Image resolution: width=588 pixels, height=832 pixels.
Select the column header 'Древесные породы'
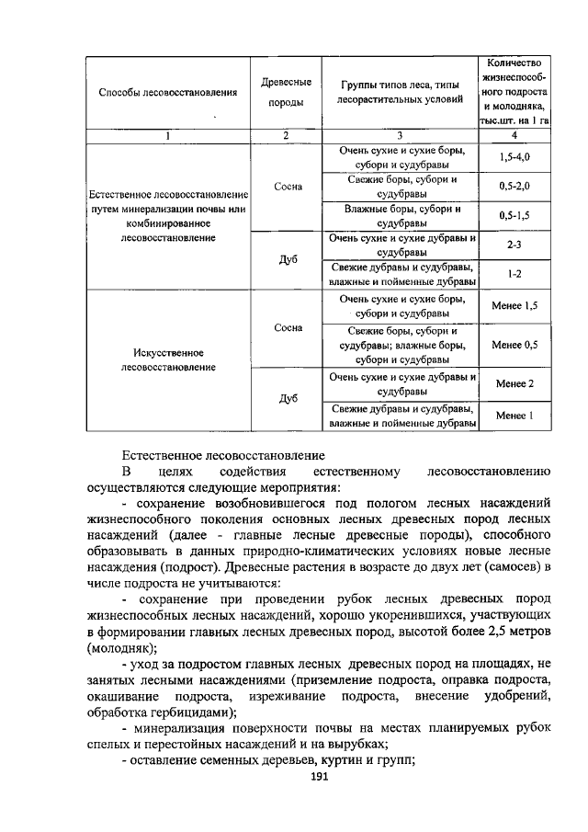click(286, 93)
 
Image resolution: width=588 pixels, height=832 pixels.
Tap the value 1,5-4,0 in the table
click(514, 157)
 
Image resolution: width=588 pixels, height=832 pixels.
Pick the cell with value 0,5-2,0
click(514, 187)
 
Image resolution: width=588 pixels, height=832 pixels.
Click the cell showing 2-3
click(514, 245)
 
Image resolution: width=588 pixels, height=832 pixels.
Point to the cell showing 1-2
click(514, 274)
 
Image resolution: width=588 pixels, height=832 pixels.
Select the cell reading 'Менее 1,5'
click(514, 304)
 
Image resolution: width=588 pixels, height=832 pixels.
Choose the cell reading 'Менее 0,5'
click(514, 345)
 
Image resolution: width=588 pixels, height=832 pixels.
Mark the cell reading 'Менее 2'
click(514, 383)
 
